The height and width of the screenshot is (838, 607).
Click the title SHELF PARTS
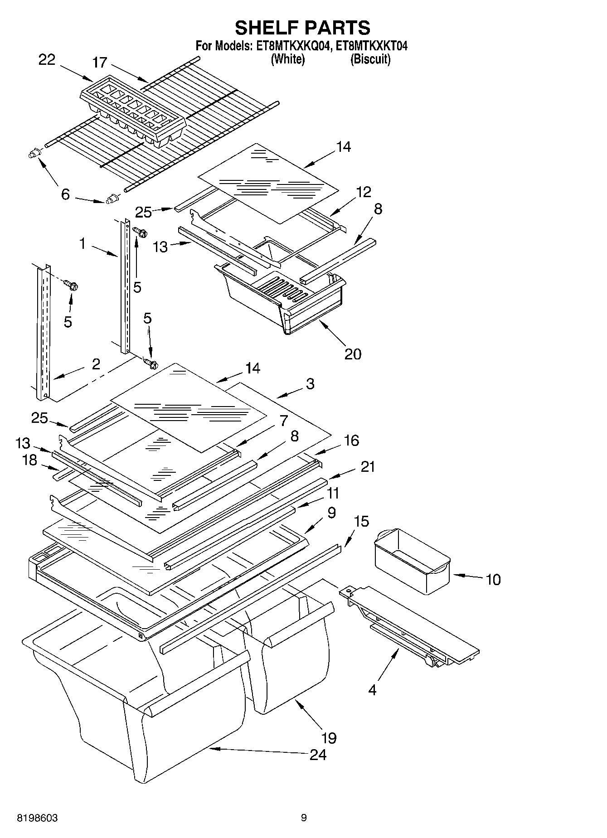pos(302,28)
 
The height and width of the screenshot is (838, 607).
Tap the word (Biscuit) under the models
pos(370,59)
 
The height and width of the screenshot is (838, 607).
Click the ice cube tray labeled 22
pos(133,111)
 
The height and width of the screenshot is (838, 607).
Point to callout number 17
pos(100,62)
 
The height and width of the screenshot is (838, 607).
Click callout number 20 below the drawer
pos(353,354)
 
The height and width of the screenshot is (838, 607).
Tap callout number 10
pos(493,579)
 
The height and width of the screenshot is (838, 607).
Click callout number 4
pos(372,690)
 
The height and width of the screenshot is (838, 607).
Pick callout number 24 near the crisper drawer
pos(318,755)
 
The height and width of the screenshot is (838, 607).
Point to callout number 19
pos(329,737)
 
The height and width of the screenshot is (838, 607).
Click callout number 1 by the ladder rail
pos(83,244)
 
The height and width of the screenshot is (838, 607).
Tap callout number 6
pos(65,194)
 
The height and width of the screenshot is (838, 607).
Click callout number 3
pos(310,383)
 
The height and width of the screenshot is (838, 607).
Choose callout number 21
pos(367,466)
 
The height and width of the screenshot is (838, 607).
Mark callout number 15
pos(361,521)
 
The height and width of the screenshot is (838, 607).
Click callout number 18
pos(30,460)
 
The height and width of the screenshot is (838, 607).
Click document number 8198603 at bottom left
pos(37,818)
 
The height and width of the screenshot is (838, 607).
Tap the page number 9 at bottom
pos(304,818)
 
